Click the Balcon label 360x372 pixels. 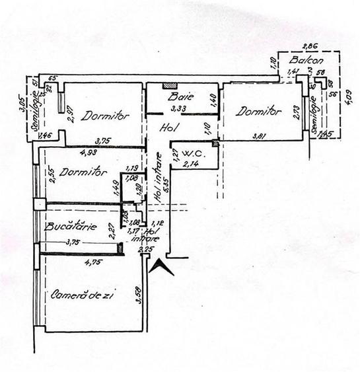point(302,60)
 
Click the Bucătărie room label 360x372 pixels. point(71,227)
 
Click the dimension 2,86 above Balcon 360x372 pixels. point(308,46)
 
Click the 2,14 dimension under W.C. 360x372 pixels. point(191,165)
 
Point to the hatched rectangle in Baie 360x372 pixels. point(170,86)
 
